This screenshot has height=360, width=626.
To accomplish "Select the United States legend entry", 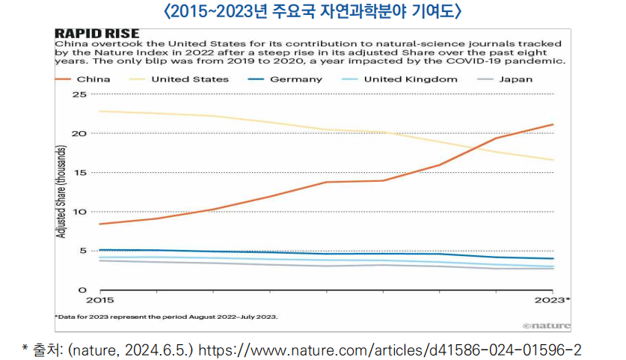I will pos(182,78).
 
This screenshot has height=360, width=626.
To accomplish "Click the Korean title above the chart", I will pos(313,11).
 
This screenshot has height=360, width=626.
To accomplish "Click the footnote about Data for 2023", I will pos(166,317).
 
